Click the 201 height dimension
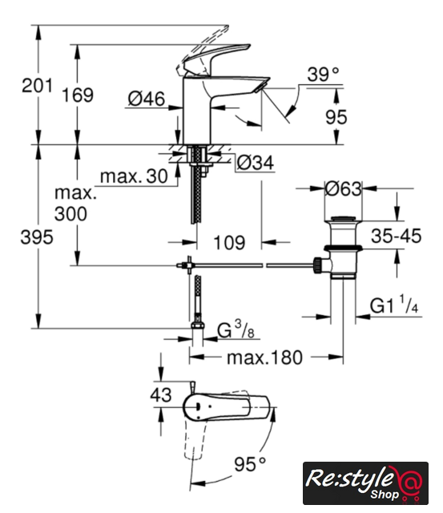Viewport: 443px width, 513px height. point(37,86)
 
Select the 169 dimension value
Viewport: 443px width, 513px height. point(78,95)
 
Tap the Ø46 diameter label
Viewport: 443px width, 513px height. point(147,99)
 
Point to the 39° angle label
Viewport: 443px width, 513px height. point(323,75)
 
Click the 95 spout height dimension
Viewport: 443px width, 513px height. point(336,117)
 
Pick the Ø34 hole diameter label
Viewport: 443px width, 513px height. point(256,163)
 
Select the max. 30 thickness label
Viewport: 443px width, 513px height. point(134,176)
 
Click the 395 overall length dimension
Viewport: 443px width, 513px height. point(37,237)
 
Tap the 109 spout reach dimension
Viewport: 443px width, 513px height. point(229,243)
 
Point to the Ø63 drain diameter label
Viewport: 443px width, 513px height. point(344,189)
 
